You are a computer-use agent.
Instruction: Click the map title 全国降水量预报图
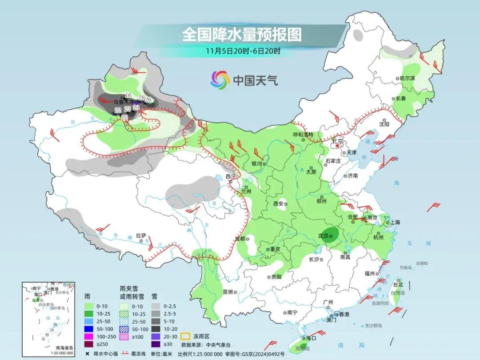[242, 35]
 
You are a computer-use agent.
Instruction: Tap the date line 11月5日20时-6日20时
[243, 51]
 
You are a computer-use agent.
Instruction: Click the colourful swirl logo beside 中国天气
[220, 80]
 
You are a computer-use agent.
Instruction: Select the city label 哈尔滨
[407, 78]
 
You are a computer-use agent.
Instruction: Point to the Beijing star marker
[338, 145]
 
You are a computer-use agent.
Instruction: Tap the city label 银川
[257, 164]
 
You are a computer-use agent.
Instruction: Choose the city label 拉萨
[141, 236]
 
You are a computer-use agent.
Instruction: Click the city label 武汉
[324, 236]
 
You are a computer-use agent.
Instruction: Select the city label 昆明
[228, 292]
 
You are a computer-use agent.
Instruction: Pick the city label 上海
[395, 222]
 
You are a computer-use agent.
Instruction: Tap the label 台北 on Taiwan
[398, 284]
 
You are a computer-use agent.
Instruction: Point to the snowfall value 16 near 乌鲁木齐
[128, 95]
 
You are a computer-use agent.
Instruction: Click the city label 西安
[278, 204]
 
